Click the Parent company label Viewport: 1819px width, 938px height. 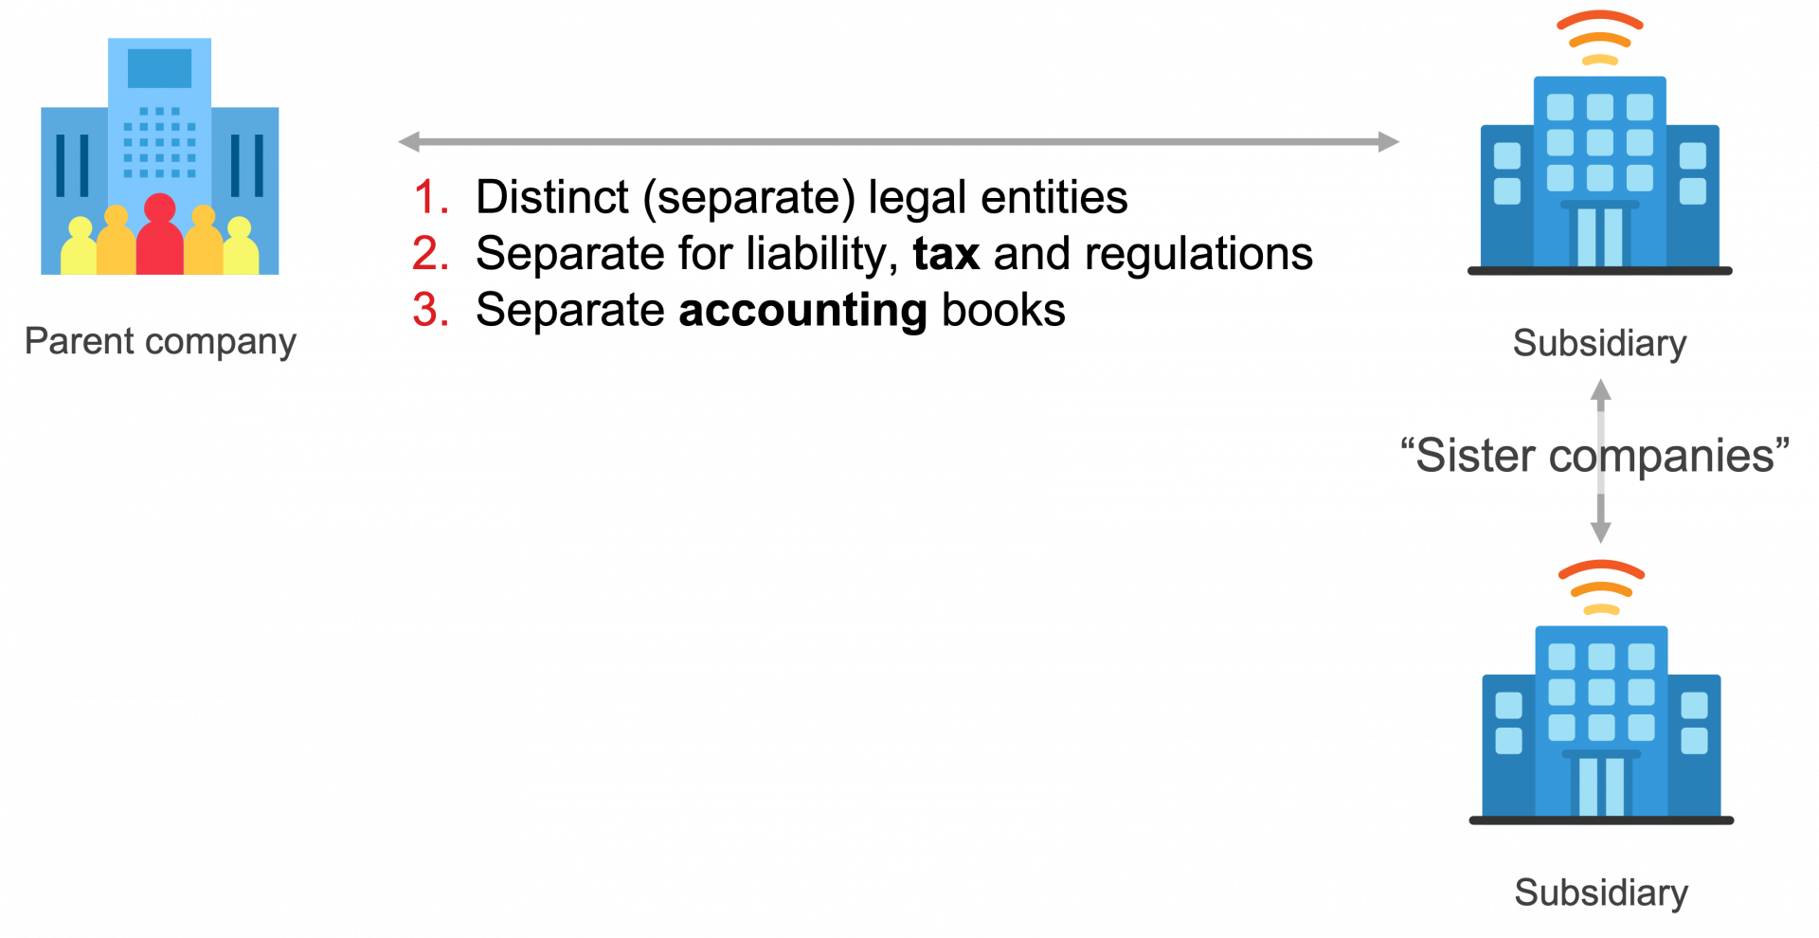pyautogui.click(x=160, y=342)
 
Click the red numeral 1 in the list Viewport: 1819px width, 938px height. pyautogui.click(x=430, y=197)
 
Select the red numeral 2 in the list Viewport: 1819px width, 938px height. pyautogui.click(x=429, y=254)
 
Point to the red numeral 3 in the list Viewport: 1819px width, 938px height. pyautogui.click(x=429, y=310)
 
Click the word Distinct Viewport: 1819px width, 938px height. pyautogui.click(x=551, y=197)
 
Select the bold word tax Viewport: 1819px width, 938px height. pyautogui.click(x=946, y=254)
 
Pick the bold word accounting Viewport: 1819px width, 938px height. pyautogui.click(x=802, y=311)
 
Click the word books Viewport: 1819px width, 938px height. pyautogui.click(x=1003, y=311)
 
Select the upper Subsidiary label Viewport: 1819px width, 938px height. pyautogui.click(x=1599, y=343)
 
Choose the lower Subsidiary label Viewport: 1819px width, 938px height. pyautogui.click(x=1601, y=893)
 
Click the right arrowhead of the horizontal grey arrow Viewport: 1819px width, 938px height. pyautogui.click(x=1388, y=142)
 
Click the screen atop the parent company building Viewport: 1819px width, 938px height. pyautogui.click(x=159, y=68)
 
